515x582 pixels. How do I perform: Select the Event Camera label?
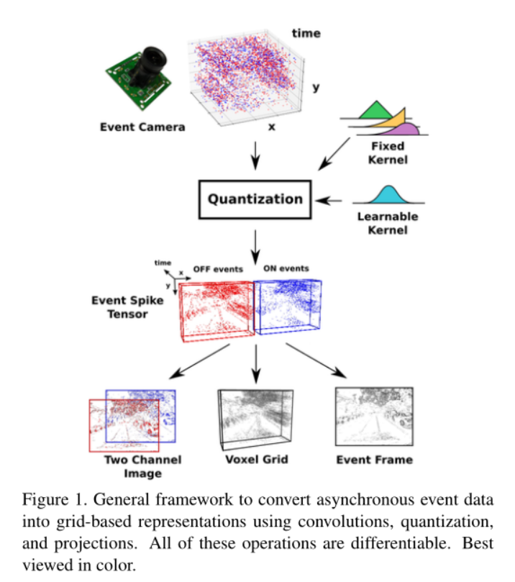point(142,127)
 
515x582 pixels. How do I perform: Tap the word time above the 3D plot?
point(306,33)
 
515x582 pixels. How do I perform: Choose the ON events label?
point(285,269)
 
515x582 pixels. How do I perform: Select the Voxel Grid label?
point(256,459)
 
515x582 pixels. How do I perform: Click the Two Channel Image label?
point(143,466)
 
